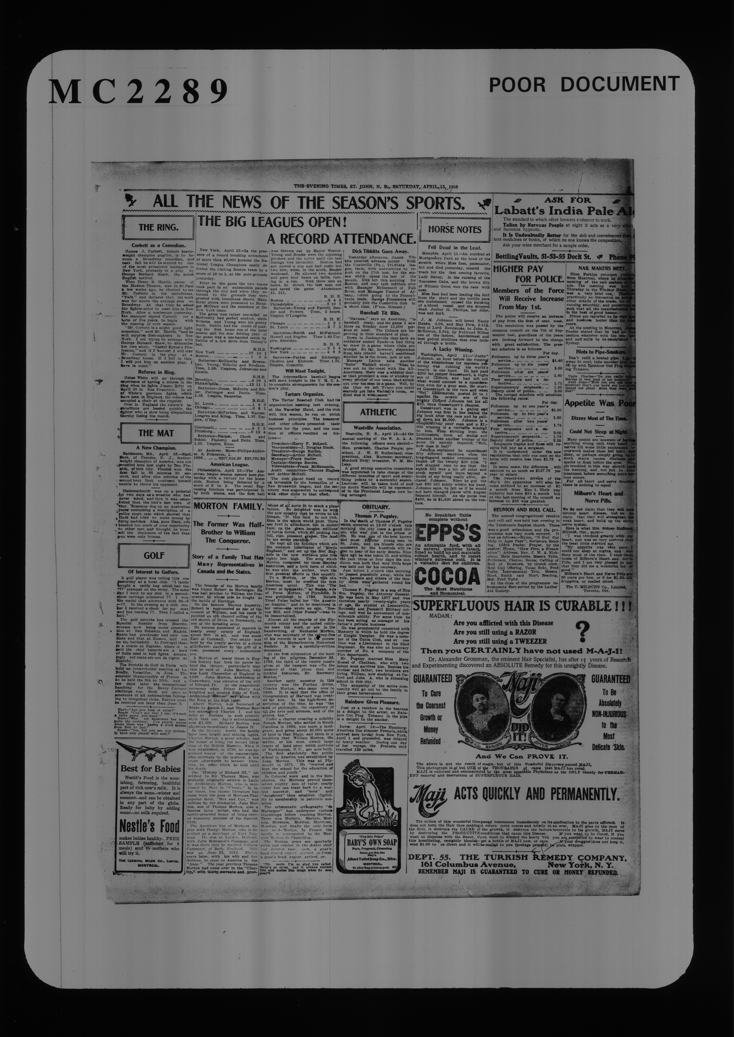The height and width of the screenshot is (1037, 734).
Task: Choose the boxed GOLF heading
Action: click(154, 555)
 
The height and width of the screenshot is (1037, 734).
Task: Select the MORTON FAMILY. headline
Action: click(228, 506)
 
